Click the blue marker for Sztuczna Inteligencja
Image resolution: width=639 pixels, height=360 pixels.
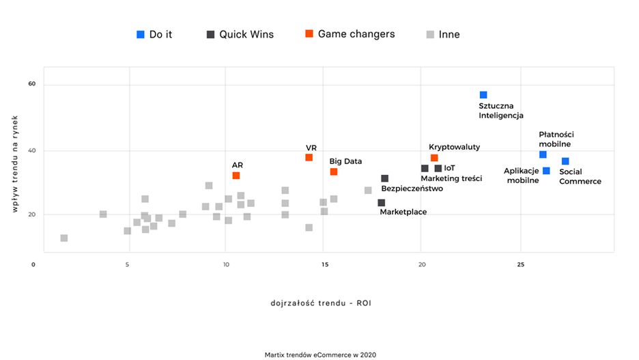pos(483,95)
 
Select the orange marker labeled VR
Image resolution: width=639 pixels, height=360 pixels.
pos(309,158)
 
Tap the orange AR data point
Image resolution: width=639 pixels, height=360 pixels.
pos(236,176)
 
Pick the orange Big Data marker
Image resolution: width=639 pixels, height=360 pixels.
pos(334,171)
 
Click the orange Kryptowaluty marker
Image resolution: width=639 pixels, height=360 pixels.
pos(434,158)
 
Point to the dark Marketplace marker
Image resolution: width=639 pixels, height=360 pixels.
pos(381,203)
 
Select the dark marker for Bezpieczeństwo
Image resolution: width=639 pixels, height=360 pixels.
pos(385,178)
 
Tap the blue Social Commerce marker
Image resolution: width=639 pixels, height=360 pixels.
pos(565,161)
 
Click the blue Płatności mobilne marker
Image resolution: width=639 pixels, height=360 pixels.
pos(543,154)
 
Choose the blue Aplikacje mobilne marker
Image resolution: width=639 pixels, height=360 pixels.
pos(546,171)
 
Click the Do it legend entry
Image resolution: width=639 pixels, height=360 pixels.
pos(155,34)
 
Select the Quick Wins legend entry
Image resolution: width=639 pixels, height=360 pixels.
pos(240,34)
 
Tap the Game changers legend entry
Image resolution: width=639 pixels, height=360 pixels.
pos(350,34)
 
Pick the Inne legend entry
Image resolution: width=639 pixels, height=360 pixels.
pos(443,34)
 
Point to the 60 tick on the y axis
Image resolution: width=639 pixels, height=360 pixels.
pos(31,84)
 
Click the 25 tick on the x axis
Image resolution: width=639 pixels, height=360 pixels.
pos(521,264)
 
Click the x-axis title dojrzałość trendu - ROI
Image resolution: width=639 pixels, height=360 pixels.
pos(319,301)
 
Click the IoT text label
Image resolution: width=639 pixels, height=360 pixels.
pos(449,168)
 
